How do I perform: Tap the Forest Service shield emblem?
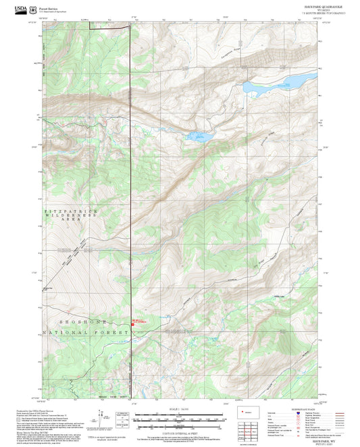[x=34, y=8]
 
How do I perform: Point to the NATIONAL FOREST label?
[x=84, y=334]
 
